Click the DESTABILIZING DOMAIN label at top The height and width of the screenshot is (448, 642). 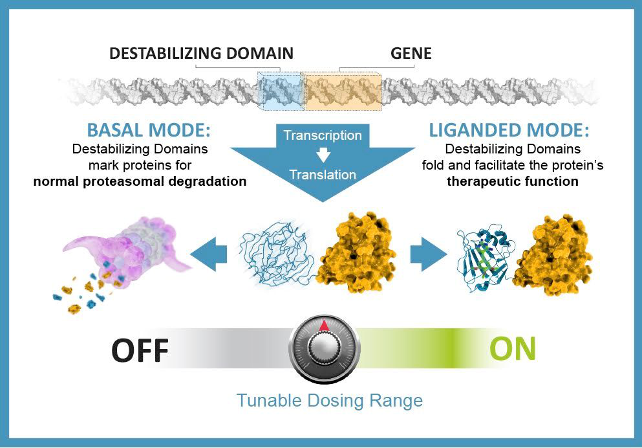(201, 53)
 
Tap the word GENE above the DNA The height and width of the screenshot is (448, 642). (411, 53)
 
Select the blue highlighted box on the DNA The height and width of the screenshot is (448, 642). (280, 89)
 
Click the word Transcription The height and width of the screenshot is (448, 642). (323, 136)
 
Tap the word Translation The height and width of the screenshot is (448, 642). (323, 175)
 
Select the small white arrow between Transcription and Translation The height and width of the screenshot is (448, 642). (323, 155)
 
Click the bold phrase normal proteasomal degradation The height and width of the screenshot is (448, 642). (140, 181)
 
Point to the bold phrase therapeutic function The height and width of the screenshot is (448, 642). (513, 181)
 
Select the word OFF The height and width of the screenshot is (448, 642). (140, 351)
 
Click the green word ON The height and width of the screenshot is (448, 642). (512, 348)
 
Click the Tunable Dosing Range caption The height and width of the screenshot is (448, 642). (329, 400)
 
